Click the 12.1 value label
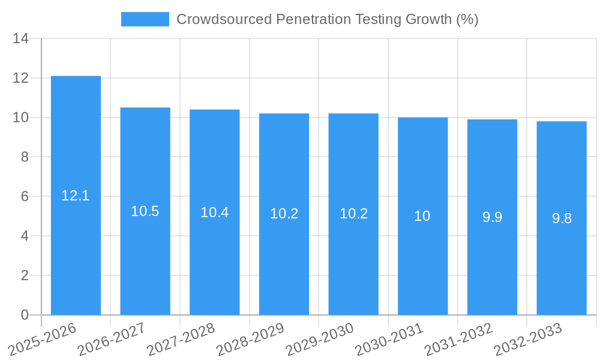tap(76, 196)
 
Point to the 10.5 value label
tap(145, 211)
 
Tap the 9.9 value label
tap(492, 217)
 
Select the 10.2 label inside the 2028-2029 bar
tap(284, 214)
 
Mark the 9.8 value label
tap(562, 218)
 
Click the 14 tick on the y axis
tap(20, 39)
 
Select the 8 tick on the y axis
tap(24, 157)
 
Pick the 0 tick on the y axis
tap(24, 315)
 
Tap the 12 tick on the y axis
tap(20, 79)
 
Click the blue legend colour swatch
tap(145, 19)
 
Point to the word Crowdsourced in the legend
tap(224, 19)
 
